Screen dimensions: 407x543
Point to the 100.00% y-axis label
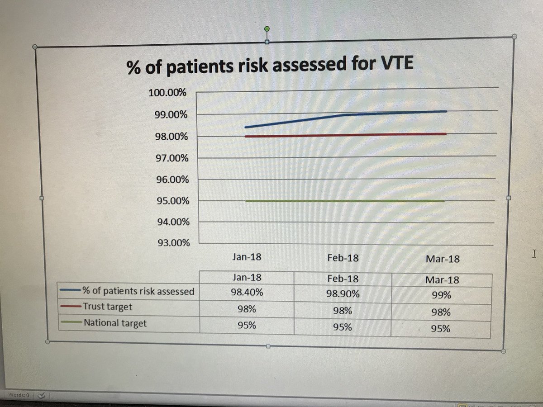[167, 93]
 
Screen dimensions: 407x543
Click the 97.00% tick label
[172, 158]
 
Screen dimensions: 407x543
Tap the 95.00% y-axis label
[172, 201]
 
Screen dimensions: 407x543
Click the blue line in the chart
[344, 115]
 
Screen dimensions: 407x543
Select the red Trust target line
[344, 135]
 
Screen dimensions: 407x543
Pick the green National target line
[344, 201]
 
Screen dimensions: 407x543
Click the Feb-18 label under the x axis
[343, 258]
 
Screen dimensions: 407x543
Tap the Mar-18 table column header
[442, 280]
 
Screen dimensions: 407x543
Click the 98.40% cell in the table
[247, 292]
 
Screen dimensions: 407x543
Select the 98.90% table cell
[343, 294]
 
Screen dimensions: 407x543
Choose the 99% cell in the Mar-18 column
[441, 295]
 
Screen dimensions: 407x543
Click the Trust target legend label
[107, 307]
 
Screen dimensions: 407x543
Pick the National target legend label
[115, 323]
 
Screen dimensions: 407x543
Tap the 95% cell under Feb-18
[343, 327]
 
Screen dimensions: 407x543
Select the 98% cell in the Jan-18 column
[247, 309]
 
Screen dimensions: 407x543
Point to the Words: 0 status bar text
[19, 395]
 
